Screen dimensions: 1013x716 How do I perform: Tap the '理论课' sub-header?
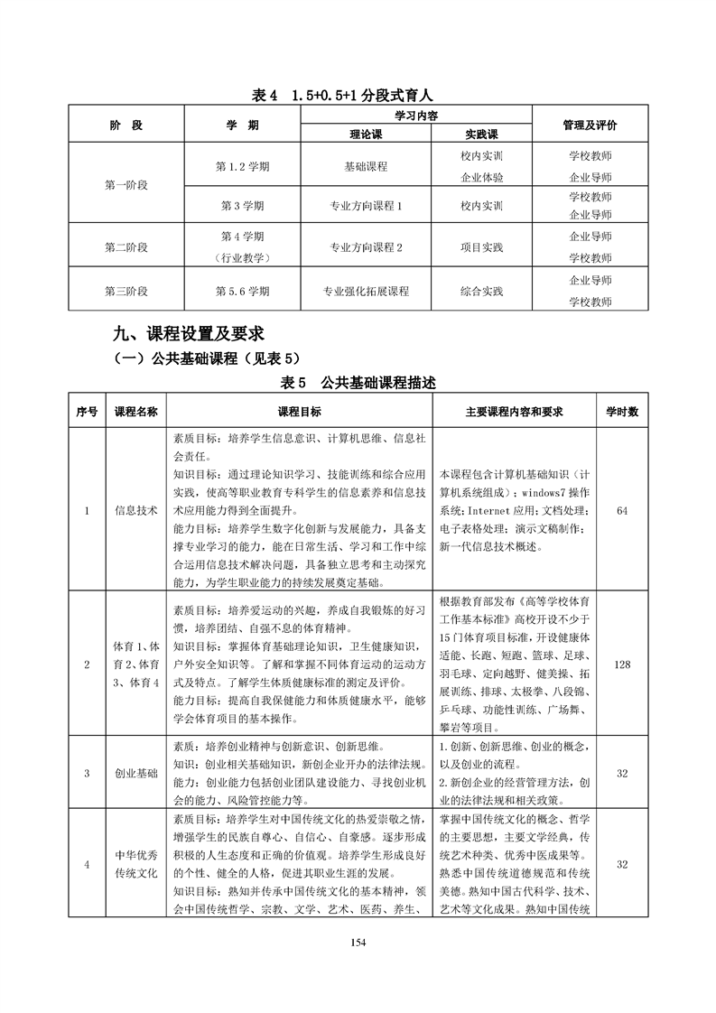(x=366, y=135)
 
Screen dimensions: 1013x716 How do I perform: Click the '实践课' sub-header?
(x=481, y=135)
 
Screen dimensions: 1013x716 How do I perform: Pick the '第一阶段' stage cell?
(x=126, y=185)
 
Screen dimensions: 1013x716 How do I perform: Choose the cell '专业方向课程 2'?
(x=366, y=246)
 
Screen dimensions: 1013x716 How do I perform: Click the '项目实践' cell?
(x=481, y=246)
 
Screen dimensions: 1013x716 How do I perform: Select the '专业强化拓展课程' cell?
(x=366, y=291)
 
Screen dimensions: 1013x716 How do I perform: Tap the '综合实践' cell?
(x=481, y=291)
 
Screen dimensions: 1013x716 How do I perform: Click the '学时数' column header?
(x=621, y=411)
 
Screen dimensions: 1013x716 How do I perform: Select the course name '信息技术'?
(x=136, y=511)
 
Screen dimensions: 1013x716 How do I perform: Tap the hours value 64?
(x=621, y=511)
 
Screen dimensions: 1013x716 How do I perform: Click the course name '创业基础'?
(x=136, y=774)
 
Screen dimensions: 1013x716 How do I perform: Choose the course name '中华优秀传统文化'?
(x=136, y=865)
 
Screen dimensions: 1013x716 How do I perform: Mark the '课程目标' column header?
(x=299, y=411)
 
